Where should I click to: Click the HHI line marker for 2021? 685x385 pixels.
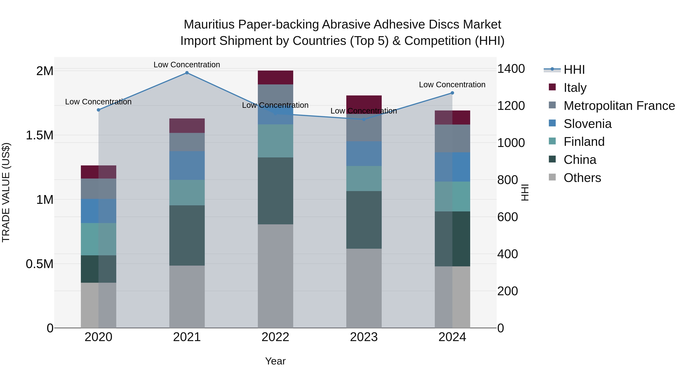click(187, 73)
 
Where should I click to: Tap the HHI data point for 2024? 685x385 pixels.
click(452, 93)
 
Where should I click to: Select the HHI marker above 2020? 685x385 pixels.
click(98, 110)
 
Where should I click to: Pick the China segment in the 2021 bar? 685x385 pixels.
click(187, 235)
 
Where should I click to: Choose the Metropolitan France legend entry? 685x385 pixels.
click(619, 106)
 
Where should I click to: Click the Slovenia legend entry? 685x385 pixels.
click(587, 124)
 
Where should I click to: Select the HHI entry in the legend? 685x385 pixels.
click(574, 70)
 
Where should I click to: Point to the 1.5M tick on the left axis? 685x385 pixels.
click(39, 135)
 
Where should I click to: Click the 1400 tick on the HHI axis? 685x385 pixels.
click(511, 69)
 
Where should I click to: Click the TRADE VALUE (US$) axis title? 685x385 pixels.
click(6, 192)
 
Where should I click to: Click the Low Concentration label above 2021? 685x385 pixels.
click(187, 65)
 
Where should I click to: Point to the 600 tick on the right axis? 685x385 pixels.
click(507, 217)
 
